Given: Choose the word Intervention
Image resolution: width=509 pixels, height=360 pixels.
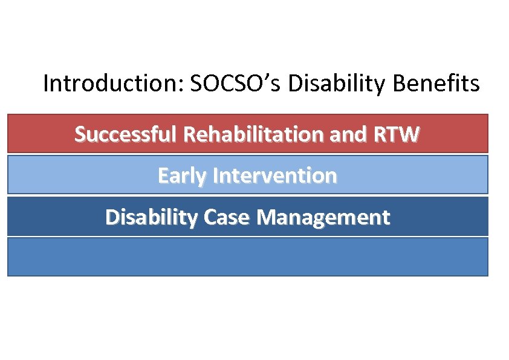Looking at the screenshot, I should [276, 175].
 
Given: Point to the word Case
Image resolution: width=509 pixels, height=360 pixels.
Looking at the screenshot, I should [227, 217].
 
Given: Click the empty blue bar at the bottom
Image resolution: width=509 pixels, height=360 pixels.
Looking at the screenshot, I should [247, 257].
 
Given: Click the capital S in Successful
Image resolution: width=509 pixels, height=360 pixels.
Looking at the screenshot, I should [80, 134].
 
